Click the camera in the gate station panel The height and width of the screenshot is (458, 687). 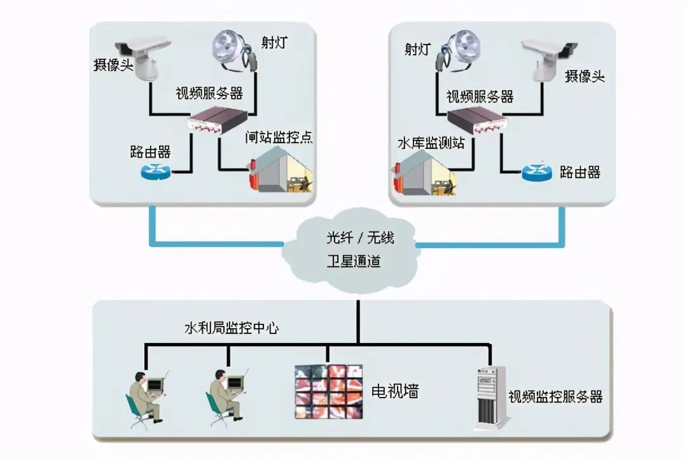pos(144,58)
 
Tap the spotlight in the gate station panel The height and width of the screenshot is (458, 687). pos(234,50)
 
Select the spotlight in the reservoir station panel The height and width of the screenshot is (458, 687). pos(458,50)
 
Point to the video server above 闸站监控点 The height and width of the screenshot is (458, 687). pos(218,120)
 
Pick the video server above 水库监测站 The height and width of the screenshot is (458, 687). pos(477,121)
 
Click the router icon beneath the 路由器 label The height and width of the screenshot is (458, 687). pos(156,171)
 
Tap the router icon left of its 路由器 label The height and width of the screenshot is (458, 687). pos(537,172)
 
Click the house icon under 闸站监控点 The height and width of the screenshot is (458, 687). pos(281,170)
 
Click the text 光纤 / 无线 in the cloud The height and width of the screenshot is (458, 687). pos(360,237)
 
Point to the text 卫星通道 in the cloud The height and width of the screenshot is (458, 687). pos(354,261)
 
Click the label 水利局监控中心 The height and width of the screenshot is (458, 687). pos(232,328)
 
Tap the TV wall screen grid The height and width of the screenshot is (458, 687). pos(329,391)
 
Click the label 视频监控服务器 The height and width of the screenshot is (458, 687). pos(555,397)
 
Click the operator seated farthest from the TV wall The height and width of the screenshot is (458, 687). pos(147,399)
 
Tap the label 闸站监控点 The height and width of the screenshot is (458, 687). pos(279,137)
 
